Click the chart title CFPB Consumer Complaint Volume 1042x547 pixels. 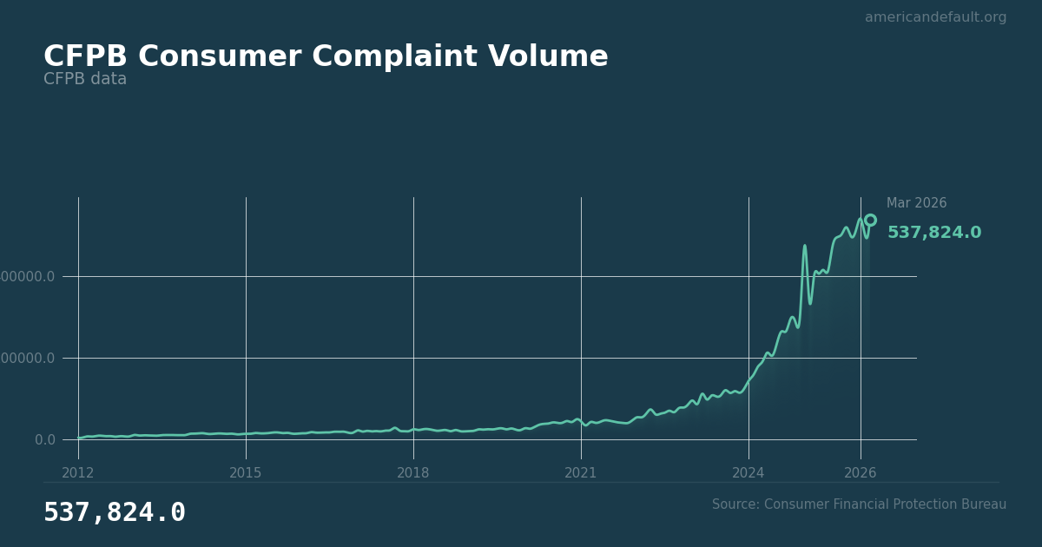tap(326, 57)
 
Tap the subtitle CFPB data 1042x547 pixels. tap(85, 79)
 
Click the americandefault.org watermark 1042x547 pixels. tap(935, 17)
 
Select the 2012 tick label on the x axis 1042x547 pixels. tap(78, 472)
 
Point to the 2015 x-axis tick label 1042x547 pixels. tap(246, 472)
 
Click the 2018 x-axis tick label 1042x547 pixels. tap(413, 472)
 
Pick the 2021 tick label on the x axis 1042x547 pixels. tap(581, 472)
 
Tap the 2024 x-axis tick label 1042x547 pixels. tap(749, 472)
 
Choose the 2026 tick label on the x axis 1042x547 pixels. tap(861, 472)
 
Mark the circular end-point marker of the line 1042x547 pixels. tap(870, 221)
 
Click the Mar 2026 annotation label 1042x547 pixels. tap(916, 203)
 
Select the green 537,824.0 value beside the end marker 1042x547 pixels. tap(933, 233)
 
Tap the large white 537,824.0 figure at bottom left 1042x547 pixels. tap(115, 513)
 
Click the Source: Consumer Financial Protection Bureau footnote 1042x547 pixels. tap(859, 504)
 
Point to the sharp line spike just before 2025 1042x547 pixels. tap(804, 247)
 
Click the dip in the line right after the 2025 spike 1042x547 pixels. tap(810, 302)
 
